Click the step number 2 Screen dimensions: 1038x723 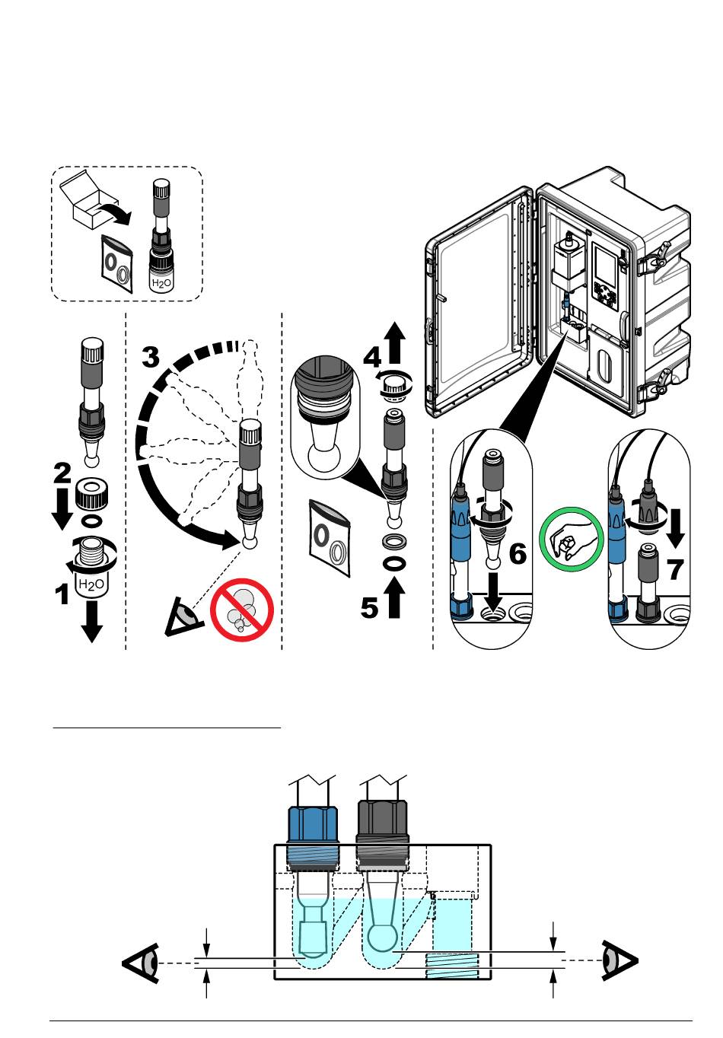click(62, 474)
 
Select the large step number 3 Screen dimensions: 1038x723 click(151, 356)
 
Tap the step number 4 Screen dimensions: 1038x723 click(371, 357)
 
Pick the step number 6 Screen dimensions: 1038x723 click(518, 553)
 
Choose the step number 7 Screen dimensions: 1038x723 click(675, 568)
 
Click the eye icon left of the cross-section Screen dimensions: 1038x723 click(143, 963)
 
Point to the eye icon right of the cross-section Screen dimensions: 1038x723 click(618, 960)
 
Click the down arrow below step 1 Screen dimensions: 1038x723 click(92, 622)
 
